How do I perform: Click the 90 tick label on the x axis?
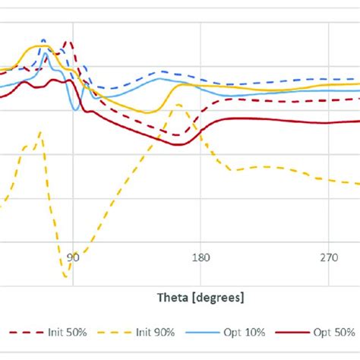coord(72,258)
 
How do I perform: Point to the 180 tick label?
coord(201,258)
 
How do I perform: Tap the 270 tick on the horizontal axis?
coord(329,258)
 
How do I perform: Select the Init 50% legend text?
coord(65,332)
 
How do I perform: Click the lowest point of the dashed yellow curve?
coord(66,276)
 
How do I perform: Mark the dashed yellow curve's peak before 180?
coord(178,105)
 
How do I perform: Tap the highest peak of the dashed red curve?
coord(67,42)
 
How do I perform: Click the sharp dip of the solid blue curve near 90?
coord(75,110)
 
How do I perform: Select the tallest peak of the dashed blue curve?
coord(43,39)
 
